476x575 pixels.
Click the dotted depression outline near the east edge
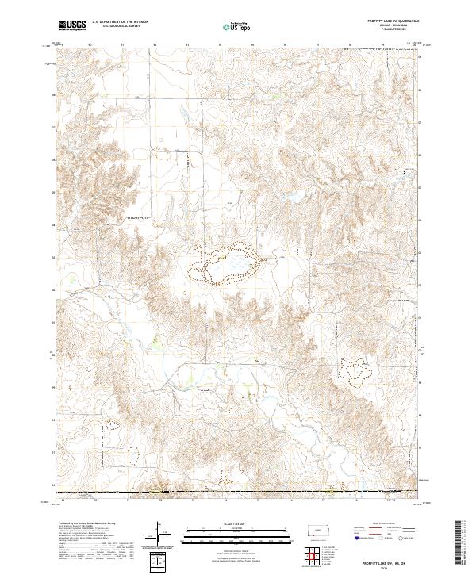[x=355, y=367]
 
